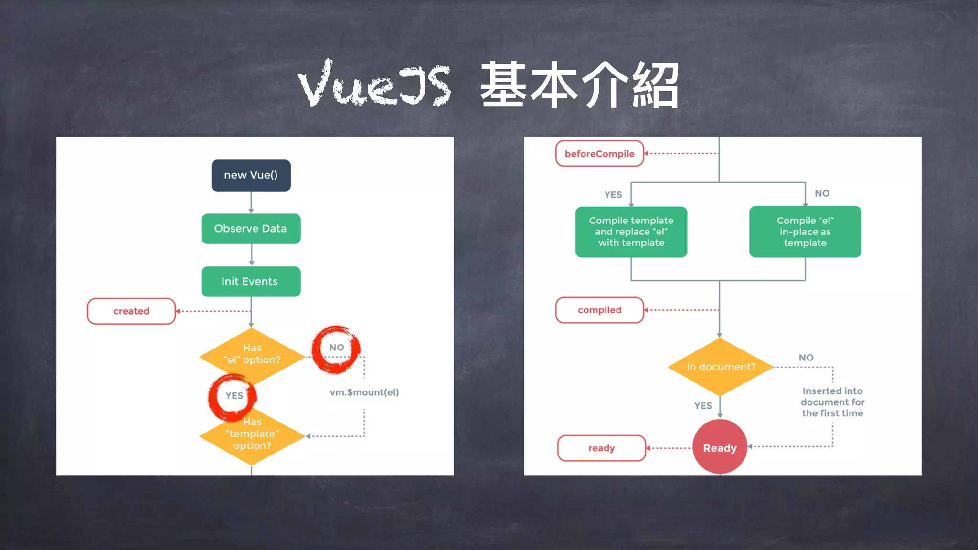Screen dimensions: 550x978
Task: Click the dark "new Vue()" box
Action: pyautogui.click(x=251, y=175)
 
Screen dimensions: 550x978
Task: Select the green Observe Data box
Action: pyautogui.click(x=251, y=229)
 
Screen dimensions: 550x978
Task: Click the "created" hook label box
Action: pyautogui.click(x=131, y=311)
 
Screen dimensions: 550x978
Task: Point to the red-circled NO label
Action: pyautogui.click(x=337, y=348)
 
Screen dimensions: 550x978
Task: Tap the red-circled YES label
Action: pyautogui.click(x=234, y=396)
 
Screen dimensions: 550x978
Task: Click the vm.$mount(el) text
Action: pyautogui.click(x=364, y=392)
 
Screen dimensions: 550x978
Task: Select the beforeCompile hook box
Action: pyautogui.click(x=599, y=154)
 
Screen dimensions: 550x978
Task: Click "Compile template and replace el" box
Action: pyautogui.click(x=631, y=232)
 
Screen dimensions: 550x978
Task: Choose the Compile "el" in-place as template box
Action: pyautogui.click(x=805, y=232)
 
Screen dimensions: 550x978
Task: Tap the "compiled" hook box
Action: pyautogui.click(x=599, y=310)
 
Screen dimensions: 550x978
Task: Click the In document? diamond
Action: pyautogui.click(x=720, y=367)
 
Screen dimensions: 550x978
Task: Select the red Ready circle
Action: pyautogui.click(x=720, y=447)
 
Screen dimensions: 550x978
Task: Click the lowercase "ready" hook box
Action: pyautogui.click(x=601, y=448)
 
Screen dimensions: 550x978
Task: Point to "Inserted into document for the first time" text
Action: pyautogui.click(x=832, y=402)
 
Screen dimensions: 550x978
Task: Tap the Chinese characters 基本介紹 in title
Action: pyautogui.click(x=579, y=85)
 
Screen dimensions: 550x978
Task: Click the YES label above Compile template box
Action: pyautogui.click(x=613, y=195)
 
